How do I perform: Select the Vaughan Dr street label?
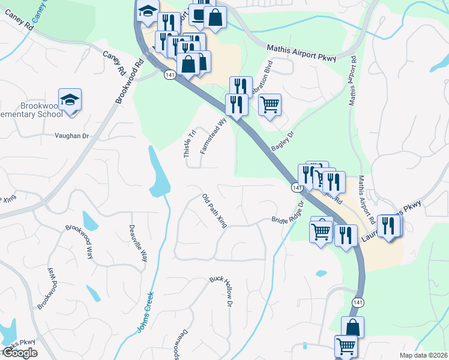click(x=72, y=136)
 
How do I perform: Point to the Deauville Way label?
click(x=138, y=242)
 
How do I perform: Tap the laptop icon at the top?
click(x=199, y=14)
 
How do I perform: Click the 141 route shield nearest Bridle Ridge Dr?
click(x=297, y=188)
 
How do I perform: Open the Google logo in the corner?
click(x=20, y=353)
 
